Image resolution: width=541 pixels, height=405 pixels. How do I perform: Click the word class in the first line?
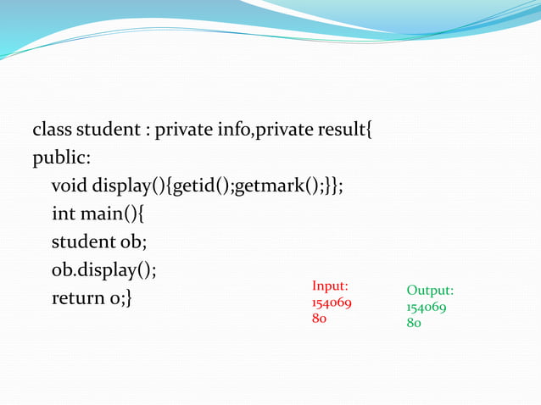[53, 131]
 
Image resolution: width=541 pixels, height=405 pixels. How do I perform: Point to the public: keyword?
[62, 158]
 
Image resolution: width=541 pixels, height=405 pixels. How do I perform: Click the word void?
[70, 186]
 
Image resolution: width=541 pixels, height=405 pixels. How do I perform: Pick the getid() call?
[202, 186]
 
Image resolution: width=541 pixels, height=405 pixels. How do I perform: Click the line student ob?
[99, 242]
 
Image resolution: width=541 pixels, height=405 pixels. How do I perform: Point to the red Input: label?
[331, 286]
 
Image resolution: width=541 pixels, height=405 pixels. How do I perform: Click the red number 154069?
[332, 303]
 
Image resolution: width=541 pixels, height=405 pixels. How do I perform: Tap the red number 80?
[320, 319]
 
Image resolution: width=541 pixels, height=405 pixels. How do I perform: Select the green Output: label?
[430, 291]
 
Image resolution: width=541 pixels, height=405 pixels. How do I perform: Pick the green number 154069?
[427, 307]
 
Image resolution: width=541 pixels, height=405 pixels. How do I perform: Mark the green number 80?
[415, 323]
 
